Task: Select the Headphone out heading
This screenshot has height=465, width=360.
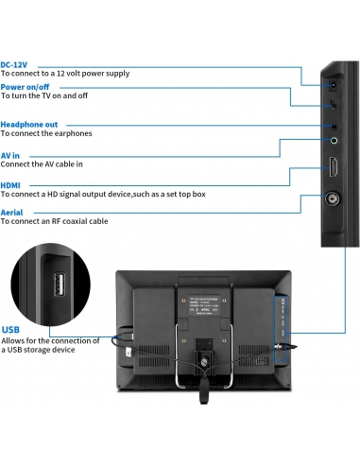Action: [x=29, y=124]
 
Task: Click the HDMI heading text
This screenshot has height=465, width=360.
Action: [x=12, y=185]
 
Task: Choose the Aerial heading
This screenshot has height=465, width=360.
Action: [x=12, y=213]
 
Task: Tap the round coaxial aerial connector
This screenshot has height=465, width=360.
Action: [x=335, y=199]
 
